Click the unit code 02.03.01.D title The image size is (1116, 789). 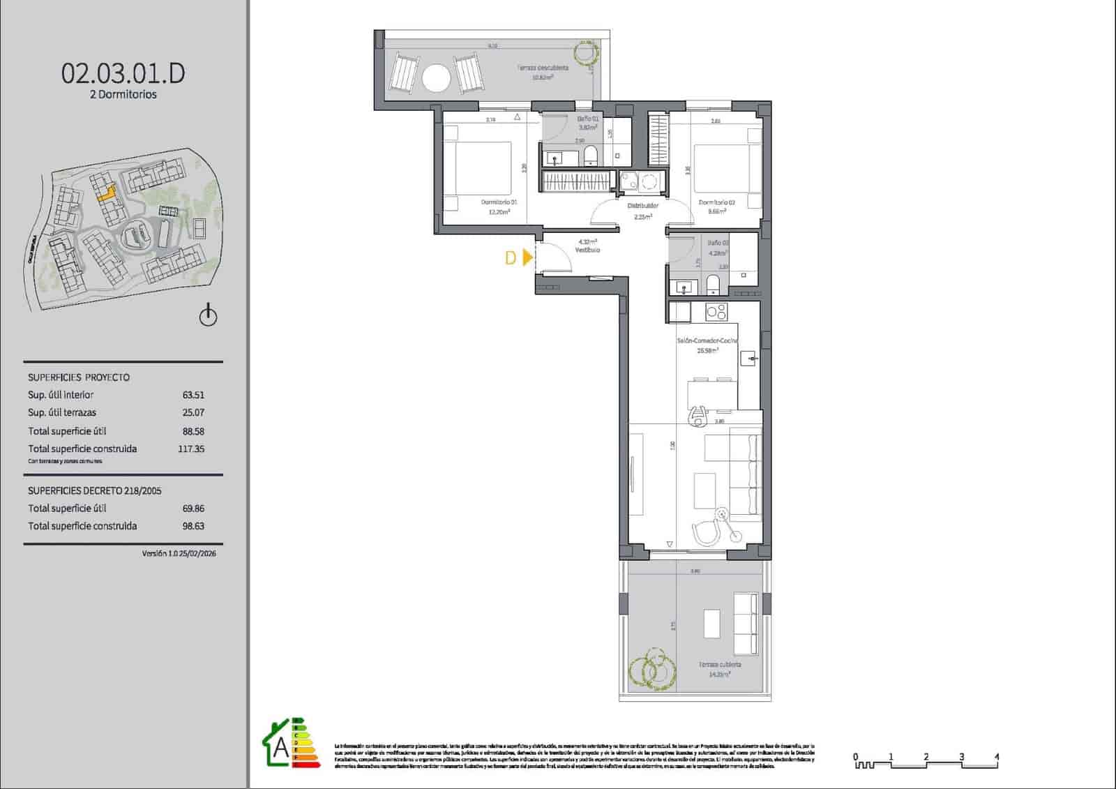coord(123,73)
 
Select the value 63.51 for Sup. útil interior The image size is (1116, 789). coord(193,395)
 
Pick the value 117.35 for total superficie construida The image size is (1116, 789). coord(191,449)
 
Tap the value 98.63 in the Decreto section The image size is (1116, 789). coord(193,527)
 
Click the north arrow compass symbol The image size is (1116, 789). coord(208,316)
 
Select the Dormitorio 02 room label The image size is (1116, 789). coord(716,202)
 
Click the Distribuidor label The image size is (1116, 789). coord(642,206)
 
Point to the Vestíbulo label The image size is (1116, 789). coord(587,250)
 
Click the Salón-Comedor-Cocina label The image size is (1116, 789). coord(707,341)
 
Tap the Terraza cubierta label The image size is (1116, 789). coord(720,665)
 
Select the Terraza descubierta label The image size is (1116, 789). coord(542,68)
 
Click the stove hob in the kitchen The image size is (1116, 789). coord(716,312)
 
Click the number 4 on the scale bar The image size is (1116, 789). coord(997,757)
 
